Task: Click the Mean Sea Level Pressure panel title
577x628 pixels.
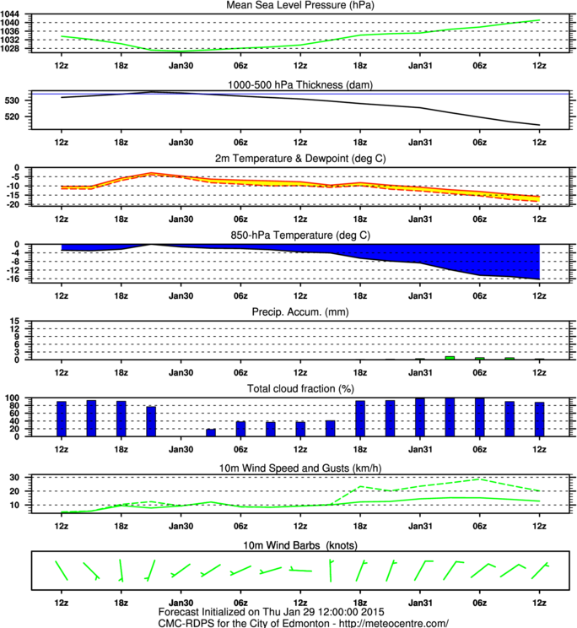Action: (300, 5)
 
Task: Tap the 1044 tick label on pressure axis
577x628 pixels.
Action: (9, 14)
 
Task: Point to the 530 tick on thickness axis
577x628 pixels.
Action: (12, 101)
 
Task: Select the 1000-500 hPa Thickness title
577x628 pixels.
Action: (300, 85)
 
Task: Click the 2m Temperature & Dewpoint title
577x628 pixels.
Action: (300, 159)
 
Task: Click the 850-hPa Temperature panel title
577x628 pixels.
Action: (300, 235)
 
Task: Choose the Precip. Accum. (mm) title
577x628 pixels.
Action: (300, 312)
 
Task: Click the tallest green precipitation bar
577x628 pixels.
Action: (450, 358)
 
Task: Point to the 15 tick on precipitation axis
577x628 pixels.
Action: (15, 322)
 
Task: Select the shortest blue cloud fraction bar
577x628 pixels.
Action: (211, 432)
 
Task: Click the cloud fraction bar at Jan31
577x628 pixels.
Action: (420, 417)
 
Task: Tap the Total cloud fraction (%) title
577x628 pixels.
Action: (300, 389)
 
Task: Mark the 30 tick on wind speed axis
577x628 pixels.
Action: (15, 478)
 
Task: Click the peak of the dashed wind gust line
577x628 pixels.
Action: (480, 479)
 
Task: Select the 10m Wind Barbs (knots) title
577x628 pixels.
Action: (300, 545)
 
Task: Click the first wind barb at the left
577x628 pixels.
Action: (62, 571)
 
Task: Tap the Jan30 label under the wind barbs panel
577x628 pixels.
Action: (181, 603)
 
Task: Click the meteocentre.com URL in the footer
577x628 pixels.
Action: (394, 623)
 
